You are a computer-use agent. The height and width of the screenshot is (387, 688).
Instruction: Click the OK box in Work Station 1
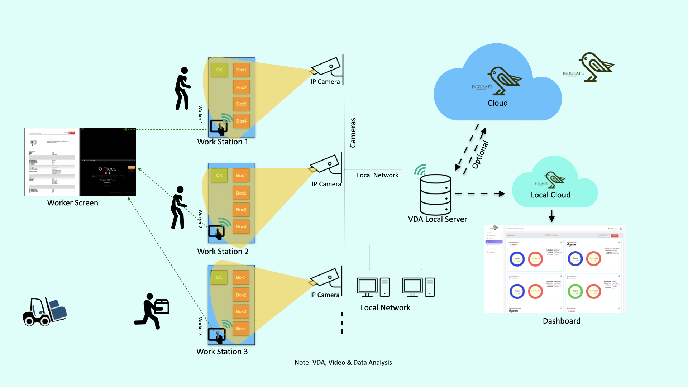tap(219, 70)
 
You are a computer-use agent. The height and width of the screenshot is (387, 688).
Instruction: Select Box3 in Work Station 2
tap(241, 210)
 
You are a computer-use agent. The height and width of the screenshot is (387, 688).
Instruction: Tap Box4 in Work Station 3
tap(241, 329)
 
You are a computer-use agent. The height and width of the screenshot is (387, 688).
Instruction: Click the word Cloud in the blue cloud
tap(498, 103)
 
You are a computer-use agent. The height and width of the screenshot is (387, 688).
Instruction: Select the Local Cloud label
tap(550, 195)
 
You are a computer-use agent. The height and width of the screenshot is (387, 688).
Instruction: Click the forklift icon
tap(44, 312)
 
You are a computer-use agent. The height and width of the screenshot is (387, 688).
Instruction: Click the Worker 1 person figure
tap(182, 89)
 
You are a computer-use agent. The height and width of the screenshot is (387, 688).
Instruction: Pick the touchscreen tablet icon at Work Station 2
tap(217, 232)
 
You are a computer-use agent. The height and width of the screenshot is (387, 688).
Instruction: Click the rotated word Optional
tap(481, 155)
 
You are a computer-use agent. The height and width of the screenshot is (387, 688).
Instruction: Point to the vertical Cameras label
tap(353, 133)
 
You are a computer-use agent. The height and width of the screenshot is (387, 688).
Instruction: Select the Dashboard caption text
tap(562, 321)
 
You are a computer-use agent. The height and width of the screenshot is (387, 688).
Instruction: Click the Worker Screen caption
tap(73, 203)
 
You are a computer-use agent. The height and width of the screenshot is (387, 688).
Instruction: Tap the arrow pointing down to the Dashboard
tap(552, 216)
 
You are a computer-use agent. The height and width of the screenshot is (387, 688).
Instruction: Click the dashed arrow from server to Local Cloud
tap(480, 194)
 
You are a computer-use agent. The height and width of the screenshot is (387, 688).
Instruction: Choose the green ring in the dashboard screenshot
tap(575, 291)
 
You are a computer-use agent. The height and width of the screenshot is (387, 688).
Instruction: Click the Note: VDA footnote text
tap(343, 363)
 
